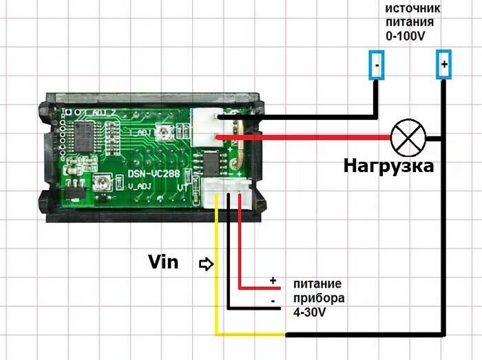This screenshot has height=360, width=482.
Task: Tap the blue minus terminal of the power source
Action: (x=377, y=65)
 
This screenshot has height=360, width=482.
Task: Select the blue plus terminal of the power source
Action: (x=444, y=65)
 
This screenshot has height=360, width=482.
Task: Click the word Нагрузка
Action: (x=389, y=166)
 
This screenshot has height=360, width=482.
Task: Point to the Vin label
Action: (x=163, y=262)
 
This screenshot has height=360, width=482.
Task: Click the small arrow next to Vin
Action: (x=205, y=263)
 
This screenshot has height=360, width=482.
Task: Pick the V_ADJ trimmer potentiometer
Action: (x=101, y=182)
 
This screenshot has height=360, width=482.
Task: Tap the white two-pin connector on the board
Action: (x=206, y=127)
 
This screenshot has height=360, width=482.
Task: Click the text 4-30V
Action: (x=309, y=313)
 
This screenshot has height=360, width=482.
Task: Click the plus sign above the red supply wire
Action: (x=273, y=281)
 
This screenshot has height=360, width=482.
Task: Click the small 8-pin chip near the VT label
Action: (x=206, y=162)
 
